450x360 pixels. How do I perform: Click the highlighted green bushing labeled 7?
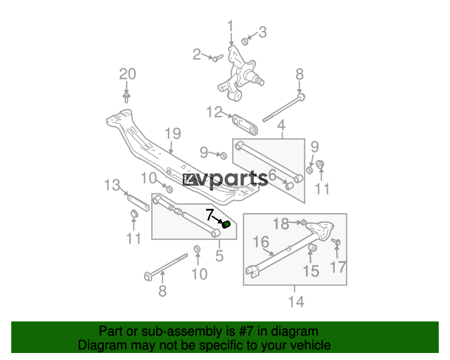[x=226, y=224]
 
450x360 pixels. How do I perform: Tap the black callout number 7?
[x=210, y=214]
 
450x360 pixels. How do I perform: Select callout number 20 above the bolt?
[x=128, y=74]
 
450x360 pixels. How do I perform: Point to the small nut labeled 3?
[x=245, y=41]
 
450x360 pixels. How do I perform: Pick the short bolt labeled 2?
[x=218, y=58]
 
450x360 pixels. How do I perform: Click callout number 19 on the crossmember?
[x=173, y=134]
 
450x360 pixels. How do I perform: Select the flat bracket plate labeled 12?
[x=245, y=124]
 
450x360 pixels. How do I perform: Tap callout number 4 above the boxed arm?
[x=281, y=125]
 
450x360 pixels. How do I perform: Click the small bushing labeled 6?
[x=289, y=186]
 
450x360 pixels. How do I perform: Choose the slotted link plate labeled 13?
[x=139, y=202]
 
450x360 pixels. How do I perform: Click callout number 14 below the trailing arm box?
[x=296, y=302]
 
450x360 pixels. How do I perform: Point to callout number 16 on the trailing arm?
[x=261, y=242]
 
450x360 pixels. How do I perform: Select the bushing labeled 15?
[x=312, y=247]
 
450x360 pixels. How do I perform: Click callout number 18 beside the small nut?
[x=281, y=224]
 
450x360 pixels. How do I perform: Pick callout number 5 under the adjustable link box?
[x=219, y=255]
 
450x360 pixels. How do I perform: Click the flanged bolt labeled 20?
[x=126, y=97]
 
